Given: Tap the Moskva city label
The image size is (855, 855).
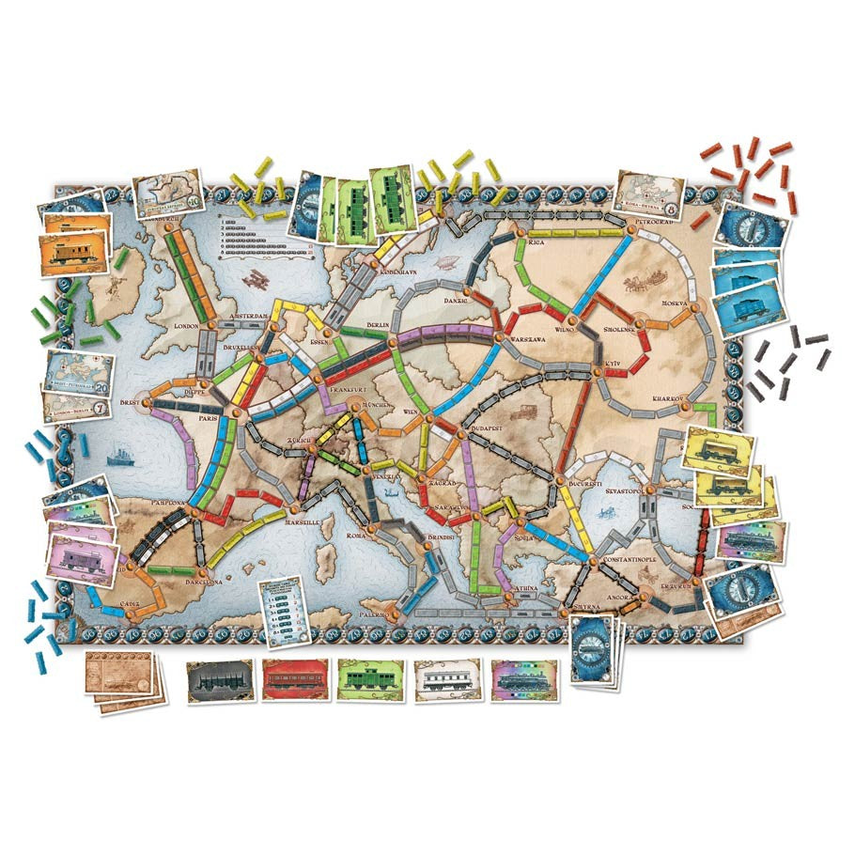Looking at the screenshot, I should pos(676,303).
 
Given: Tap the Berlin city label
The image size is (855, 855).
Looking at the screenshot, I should pos(379,325).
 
